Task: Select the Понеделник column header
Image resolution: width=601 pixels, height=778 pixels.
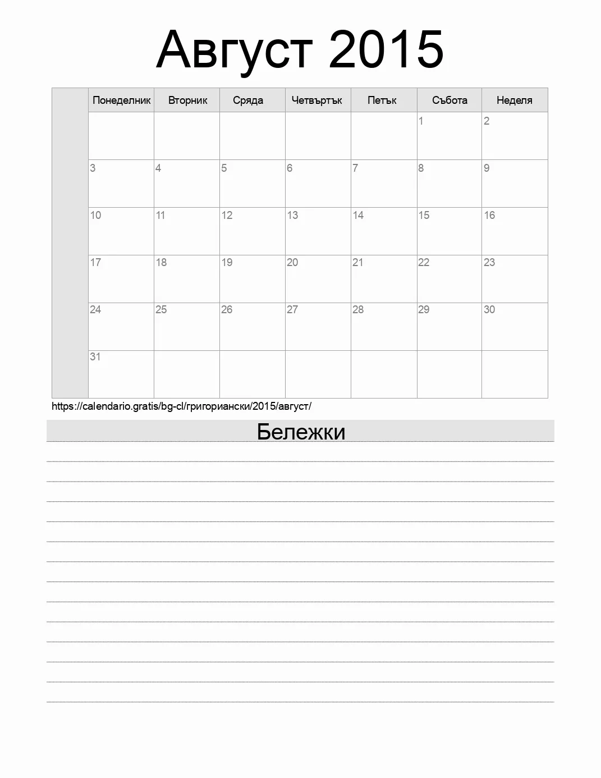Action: pyautogui.click(x=121, y=100)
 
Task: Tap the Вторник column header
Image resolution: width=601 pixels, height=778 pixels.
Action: pyautogui.click(x=187, y=100)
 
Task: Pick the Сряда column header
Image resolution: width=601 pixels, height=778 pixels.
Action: pyautogui.click(x=248, y=100)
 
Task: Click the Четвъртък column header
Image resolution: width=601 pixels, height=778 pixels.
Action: pyautogui.click(x=316, y=100)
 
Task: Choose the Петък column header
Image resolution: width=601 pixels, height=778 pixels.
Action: pyautogui.click(x=382, y=100)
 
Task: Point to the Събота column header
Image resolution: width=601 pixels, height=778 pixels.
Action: pyautogui.click(x=449, y=100)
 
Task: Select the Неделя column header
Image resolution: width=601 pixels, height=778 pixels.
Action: pyautogui.click(x=514, y=100)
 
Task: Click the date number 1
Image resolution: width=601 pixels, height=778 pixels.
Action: pyautogui.click(x=421, y=121)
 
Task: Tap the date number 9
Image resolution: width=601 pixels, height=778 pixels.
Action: pyautogui.click(x=487, y=168)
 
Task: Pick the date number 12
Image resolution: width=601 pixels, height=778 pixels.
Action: pyautogui.click(x=227, y=215)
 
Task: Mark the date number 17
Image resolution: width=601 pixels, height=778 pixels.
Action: pyautogui.click(x=95, y=262)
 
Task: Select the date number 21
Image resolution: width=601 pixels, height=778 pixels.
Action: pyautogui.click(x=357, y=262)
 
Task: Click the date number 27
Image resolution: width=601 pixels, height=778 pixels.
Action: pyautogui.click(x=292, y=309)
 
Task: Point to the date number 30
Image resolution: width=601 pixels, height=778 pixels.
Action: pyautogui.click(x=489, y=309)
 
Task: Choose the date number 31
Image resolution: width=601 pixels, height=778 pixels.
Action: pyautogui.click(x=95, y=356)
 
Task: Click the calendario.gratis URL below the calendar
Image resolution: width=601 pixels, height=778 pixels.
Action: pyautogui.click(x=181, y=406)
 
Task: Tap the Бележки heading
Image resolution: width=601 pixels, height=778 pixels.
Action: pyautogui.click(x=301, y=432)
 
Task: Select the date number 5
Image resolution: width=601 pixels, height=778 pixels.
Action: pyautogui.click(x=224, y=168)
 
